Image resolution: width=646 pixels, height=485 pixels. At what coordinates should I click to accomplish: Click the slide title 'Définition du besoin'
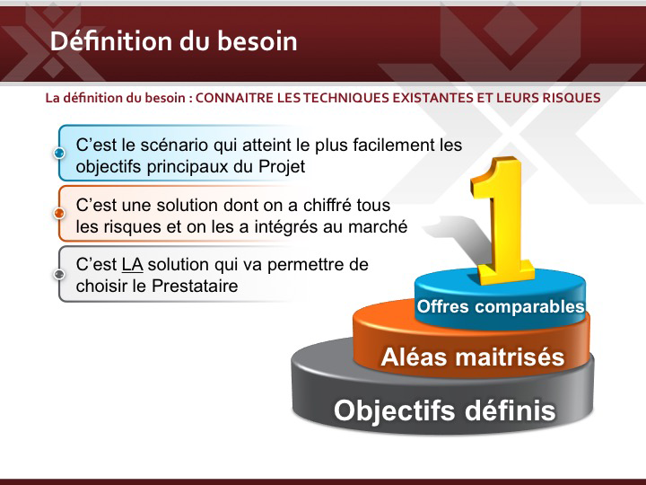pyautogui.click(x=173, y=40)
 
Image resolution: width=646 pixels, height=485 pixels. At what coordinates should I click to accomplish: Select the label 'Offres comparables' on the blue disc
pyautogui.click(x=500, y=306)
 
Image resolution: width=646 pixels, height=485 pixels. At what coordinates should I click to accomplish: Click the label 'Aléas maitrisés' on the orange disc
pyautogui.click(x=473, y=357)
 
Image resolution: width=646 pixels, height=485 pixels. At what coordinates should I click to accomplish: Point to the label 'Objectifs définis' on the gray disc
pyautogui.click(x=444, y=410)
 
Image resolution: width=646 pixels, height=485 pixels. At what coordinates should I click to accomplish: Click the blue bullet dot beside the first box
pyautogui.click(x=59, y=153)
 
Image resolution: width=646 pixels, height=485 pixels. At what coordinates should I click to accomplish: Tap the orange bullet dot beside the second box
pyautogui.click(x=59, y=213)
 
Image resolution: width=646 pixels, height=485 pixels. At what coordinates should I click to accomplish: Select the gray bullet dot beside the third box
pyautogui.click(x=59, y=274)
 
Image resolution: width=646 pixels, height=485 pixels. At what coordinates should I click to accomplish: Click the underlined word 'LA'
pyautogui.click(x=132, y=265)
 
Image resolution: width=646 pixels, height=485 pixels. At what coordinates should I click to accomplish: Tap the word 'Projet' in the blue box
pyautogui.click(x=282, y=167)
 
